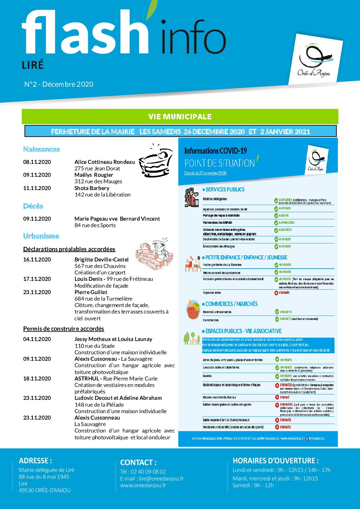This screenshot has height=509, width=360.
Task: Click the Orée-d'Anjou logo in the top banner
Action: pos(314,62)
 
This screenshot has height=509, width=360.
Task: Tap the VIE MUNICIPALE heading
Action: pos(180,117)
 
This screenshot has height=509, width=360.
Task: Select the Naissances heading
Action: pos(42,149)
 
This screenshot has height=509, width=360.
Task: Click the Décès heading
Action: pos(33,206)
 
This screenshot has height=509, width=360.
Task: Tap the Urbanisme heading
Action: pos(41,236)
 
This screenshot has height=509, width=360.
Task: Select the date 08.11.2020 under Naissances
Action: pos(37,162)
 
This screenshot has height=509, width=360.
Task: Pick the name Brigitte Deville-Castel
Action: pos(101,259)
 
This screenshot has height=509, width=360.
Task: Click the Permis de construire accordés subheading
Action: pos(64,329)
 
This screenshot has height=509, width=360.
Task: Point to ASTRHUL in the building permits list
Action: pos(87,378)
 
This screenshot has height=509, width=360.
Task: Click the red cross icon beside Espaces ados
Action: pos(276,293)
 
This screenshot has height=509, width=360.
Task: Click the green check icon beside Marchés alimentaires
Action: pos(277,312)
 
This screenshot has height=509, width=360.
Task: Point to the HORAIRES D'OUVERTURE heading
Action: pos(276,461)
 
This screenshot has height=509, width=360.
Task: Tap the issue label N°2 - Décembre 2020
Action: pos(59,84)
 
